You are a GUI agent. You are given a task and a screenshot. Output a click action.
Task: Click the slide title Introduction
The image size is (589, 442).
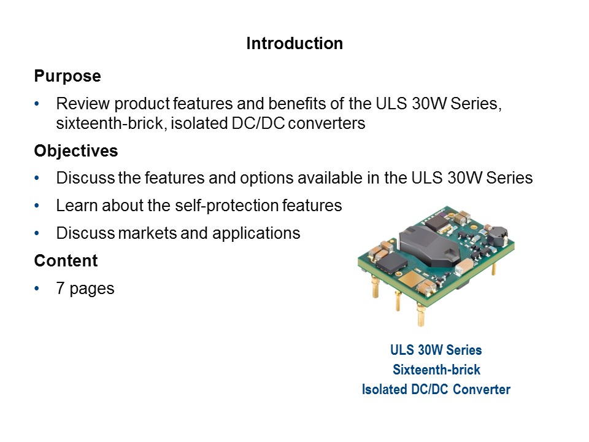click(x=294, y=44)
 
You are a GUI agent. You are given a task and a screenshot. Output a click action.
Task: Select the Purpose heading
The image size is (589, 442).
click(x=67, y=77)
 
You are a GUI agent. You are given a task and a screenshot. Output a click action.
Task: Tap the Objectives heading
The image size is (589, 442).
click(x=76, y=150)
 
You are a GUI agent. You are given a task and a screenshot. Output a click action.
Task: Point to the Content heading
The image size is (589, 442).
click(x=66, y=261)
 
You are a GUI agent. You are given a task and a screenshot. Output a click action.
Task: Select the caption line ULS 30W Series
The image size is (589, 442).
click(x=436, y=350)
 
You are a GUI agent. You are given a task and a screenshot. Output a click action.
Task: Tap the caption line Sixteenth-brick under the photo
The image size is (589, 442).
click(x=436, y=370)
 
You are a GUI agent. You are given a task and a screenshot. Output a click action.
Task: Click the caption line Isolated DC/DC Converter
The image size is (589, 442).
click(x=436, y=389)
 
